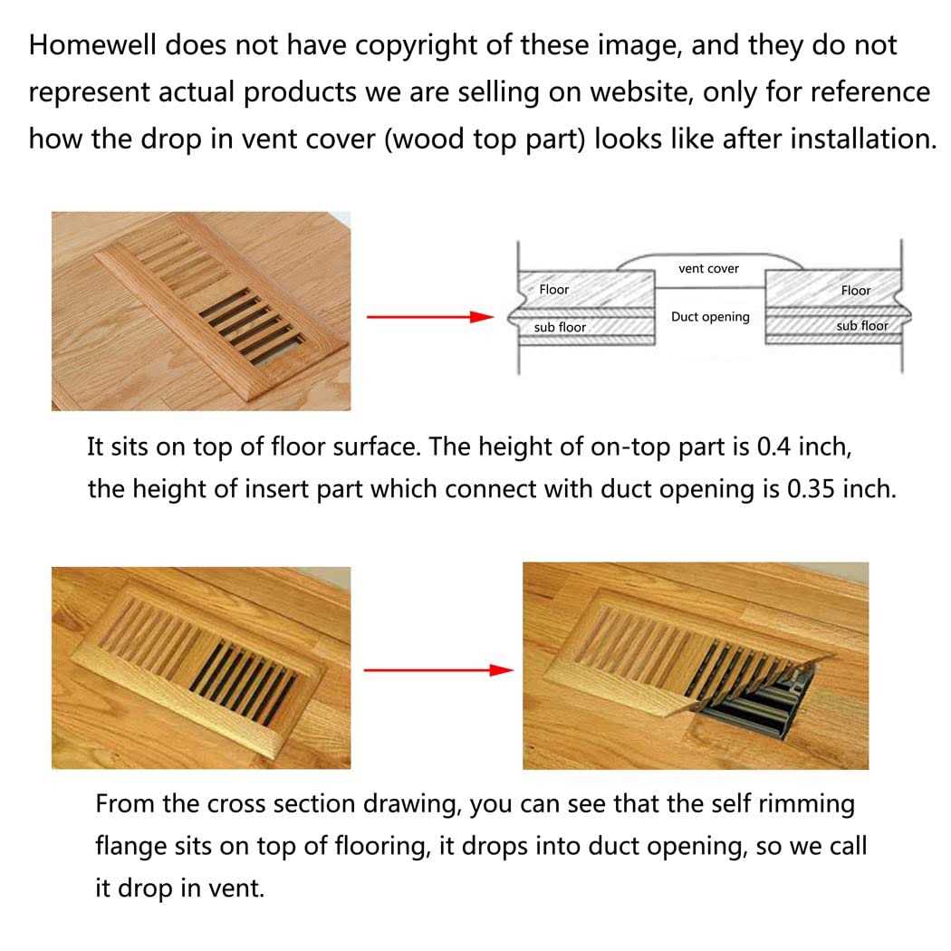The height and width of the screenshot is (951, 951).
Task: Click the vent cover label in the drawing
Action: (x=708, y=268)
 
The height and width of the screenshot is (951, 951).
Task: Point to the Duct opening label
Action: (x=710, y=317)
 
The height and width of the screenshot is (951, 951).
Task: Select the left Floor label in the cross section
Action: (x=553, y=290)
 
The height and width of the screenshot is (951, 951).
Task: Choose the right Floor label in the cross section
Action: (x=855, y=291)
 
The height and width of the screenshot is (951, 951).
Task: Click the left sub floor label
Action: (x=560, y=326)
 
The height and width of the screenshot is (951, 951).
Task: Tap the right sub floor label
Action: (x=861, y=325)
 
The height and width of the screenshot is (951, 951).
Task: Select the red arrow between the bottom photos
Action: (x=432, y=670)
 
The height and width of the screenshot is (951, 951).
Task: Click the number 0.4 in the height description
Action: (x=776, y=447)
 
